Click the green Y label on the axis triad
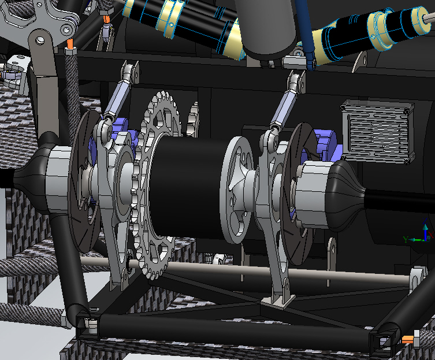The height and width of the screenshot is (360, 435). [x=406, y=239]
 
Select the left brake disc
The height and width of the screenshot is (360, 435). [x=81, y=191]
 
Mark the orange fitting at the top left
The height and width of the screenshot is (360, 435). [x=70, y=44]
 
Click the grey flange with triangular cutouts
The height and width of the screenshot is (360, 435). [x=237, y=191]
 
